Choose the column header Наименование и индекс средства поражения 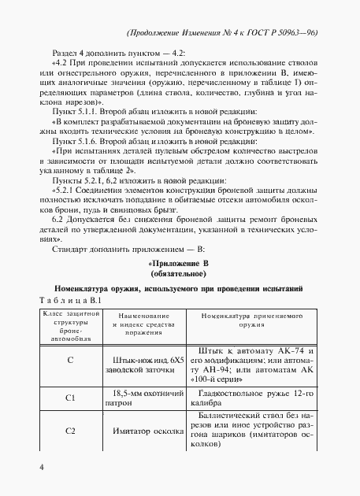(148, 320)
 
